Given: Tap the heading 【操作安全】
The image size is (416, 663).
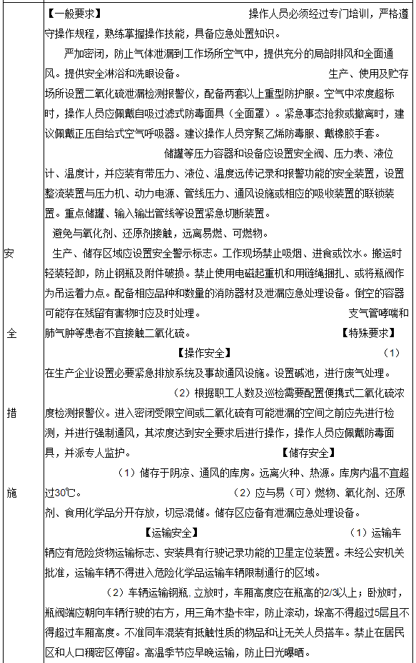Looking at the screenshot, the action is point(203,352).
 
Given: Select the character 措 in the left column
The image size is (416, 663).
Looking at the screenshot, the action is point(10,412).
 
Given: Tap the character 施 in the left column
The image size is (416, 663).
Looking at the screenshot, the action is point(10,492).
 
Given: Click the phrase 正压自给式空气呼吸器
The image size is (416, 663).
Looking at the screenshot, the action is point(123,133).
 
